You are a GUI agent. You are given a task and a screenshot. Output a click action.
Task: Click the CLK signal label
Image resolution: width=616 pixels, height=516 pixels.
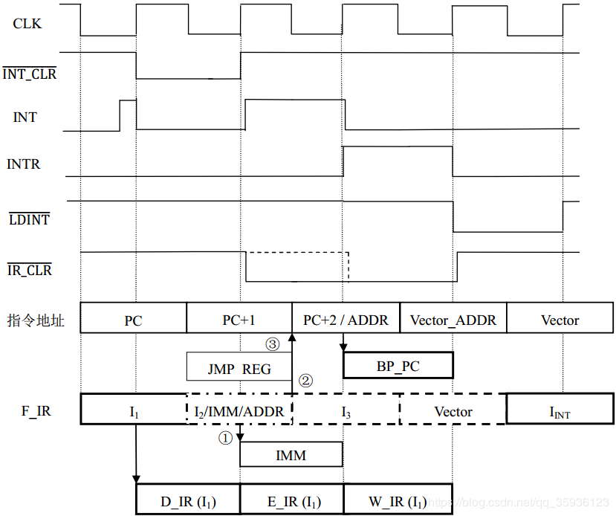[27, 24]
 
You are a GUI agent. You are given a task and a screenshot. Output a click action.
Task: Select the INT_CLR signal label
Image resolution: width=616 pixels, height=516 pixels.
[30, 74]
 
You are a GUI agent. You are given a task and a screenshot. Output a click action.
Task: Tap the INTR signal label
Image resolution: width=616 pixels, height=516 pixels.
[24, 164]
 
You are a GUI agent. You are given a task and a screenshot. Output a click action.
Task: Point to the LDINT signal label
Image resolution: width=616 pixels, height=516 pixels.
[30, 219]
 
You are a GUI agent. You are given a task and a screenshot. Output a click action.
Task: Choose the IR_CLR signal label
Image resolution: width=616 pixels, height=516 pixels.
[30, 270]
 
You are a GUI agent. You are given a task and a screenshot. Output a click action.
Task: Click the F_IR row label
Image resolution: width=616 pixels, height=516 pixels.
[33, 410]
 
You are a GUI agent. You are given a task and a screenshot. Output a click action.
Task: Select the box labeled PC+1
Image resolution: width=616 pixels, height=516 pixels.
[239, 320]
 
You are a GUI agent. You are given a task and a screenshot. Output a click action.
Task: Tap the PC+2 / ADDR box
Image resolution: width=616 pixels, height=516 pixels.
[346, 320]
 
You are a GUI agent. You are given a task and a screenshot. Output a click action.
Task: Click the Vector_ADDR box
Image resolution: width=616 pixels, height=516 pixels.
[453, 320]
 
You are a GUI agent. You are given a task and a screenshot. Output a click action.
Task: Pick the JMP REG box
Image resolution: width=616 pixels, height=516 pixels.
[239, 367]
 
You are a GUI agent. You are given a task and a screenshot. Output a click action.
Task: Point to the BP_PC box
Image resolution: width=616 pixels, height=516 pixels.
[398, 365]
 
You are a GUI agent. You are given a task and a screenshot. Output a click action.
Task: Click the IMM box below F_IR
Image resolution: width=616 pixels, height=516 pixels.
[291, 455]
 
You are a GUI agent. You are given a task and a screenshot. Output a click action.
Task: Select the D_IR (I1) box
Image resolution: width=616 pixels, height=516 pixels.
[188, 500]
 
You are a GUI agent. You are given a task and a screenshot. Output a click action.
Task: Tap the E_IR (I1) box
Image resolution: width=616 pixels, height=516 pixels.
[291, 500]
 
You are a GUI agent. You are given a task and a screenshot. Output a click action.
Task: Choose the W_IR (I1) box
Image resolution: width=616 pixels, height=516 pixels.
[398, 500]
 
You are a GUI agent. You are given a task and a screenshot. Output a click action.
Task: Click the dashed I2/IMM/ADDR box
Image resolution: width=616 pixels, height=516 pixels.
[239, 411]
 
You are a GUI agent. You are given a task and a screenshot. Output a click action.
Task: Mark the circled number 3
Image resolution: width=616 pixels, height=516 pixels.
[273, 344]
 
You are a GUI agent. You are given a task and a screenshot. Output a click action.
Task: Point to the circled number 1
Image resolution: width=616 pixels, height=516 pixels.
[225, 438]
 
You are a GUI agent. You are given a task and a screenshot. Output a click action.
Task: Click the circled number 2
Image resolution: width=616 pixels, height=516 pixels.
[305, 380]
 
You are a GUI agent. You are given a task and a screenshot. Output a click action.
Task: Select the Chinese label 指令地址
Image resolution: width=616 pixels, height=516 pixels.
[36, 320]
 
